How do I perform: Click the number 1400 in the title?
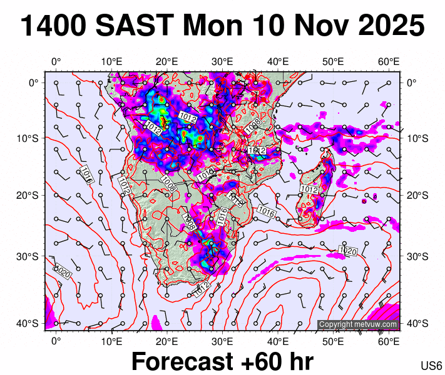click(53, 27)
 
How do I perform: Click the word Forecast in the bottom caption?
click(185, 362)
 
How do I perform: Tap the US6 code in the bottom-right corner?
click(431, 366)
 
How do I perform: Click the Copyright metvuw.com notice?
click(357, 324)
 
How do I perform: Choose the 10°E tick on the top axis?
click(111, 61)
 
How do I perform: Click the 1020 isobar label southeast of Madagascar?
click(347, 251)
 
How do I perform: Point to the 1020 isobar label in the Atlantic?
click(63, 272)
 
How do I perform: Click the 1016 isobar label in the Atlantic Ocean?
click(86, 174)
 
